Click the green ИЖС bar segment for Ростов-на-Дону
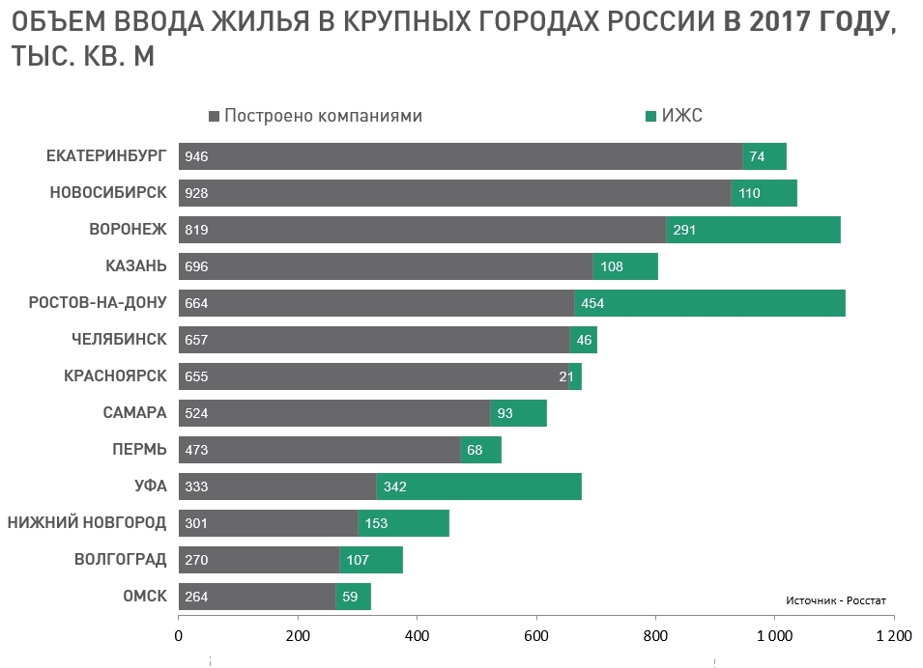[x=709, y=303]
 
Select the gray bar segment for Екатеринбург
[x=460, y=156]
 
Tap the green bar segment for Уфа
[x=478, y=487]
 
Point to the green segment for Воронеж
[x=753, y=230]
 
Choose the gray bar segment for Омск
[x=256, y=597]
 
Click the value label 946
[x=196, y=156]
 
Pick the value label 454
[x=592, y=303]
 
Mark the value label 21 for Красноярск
[x=566, y=376]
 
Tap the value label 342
[x=394, y=487]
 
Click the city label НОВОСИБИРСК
[x=108, y=193]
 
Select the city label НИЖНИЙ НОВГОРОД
[x=87, y=523]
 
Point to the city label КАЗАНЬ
[x=135, y=266]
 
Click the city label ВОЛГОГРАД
[x=120, y=560]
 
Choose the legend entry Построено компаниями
[x=323, y=116]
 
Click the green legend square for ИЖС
[x=650, y=116]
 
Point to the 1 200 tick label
[x=892, y=636]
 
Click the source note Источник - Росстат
[x=835, y=599]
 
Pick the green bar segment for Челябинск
[x=583, y=340]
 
